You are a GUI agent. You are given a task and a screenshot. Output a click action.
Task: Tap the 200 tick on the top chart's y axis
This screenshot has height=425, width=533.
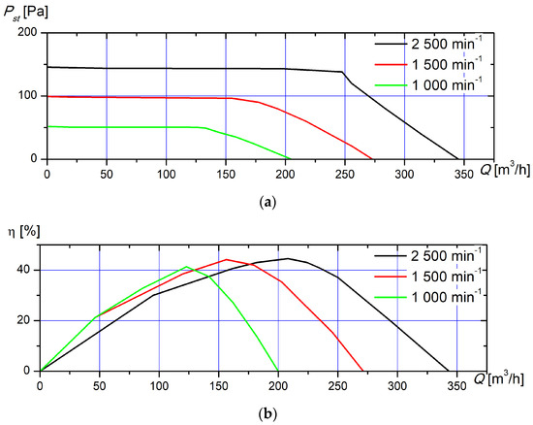28,33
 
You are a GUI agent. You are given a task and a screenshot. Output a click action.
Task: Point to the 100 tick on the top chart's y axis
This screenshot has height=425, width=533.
28,96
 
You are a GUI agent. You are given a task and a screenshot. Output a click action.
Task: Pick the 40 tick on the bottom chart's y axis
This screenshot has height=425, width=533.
25,270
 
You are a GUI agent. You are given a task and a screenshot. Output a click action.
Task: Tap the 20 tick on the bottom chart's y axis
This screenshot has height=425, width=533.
25,320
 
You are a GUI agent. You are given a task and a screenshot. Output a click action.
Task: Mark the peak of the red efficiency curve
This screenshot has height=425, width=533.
226,259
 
